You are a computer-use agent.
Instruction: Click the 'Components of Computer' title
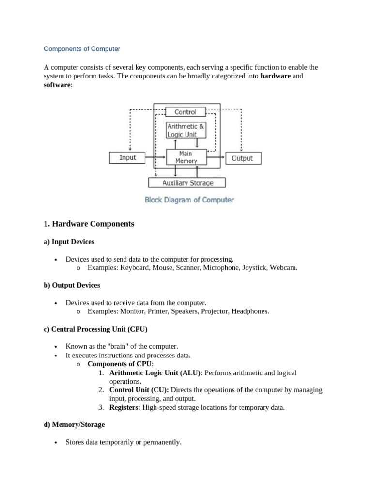point(82,49)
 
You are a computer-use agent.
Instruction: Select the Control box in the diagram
point(185,112)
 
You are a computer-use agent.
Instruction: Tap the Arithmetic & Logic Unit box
point(186,130)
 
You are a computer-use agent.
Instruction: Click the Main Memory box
point(186,157)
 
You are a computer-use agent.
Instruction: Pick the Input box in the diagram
point(128,158)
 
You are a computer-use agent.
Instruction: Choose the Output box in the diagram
point(243,158)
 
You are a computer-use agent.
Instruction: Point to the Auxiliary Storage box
point(187,183)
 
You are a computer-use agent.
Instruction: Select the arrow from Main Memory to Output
point(216,158)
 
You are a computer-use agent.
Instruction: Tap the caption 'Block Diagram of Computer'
point(189,200)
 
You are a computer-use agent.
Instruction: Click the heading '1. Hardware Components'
point(89,224)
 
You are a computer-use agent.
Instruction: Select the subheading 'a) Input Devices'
point(69,241)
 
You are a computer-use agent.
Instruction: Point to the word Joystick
point(254,267)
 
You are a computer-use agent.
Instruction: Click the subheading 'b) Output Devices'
point(72,285)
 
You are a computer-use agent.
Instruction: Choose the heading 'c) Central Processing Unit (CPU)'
point(95,329)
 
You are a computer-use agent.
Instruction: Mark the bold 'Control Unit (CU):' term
point(139,390)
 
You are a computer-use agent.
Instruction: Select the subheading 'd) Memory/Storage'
point(74,424)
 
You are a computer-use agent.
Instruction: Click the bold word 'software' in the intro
point(57,85)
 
